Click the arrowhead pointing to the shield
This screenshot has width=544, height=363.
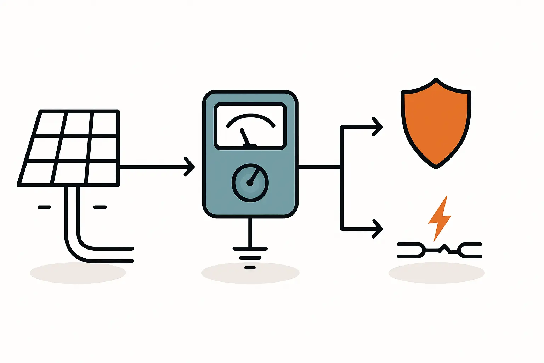pos(378,127)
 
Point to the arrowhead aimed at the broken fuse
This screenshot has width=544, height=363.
pos(378,229)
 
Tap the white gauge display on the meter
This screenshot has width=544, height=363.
pos(250,126)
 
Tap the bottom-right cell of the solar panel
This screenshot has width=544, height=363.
pos(102,173)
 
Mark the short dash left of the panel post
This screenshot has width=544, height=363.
pos(44,207)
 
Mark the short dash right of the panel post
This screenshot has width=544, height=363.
pos(100,207)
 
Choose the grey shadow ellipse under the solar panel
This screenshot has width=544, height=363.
pos(78,273)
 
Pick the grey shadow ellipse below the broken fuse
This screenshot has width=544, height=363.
pos(436,273)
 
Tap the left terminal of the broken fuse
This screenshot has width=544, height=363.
pos(411,250)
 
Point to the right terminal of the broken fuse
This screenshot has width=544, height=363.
pos(471,250)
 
